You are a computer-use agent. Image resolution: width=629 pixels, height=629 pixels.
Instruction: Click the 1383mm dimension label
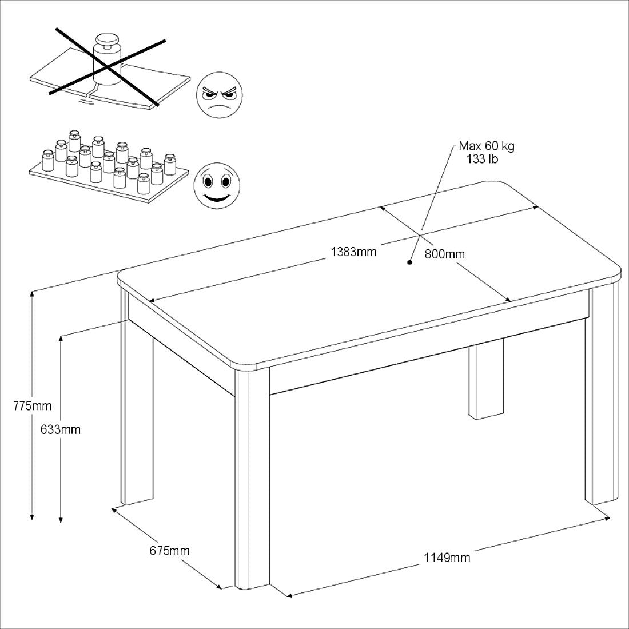(353, 252)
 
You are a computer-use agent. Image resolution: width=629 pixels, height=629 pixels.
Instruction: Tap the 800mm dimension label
(445, 254)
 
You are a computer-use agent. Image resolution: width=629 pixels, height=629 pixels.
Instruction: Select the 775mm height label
(33, 405)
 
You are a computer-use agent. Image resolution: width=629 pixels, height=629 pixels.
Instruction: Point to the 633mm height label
(61, 429)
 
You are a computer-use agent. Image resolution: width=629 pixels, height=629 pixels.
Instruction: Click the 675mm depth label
(169, 550)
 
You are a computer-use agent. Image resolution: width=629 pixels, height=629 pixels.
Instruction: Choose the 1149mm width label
(447, 558)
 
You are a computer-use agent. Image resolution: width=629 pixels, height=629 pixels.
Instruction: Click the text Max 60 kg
(487, 146)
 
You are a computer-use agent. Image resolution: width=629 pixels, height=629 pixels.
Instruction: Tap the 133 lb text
(482, 160)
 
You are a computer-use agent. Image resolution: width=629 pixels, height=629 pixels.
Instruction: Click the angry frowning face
(220, 95)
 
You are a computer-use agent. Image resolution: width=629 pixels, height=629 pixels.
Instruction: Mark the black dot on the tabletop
(409, 263)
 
